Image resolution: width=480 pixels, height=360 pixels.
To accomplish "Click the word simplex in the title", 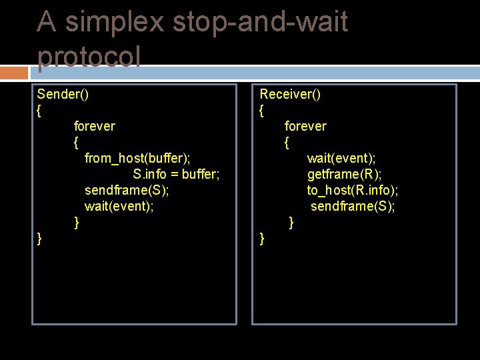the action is (115, 22).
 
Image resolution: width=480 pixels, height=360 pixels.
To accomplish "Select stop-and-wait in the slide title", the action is (260, 22).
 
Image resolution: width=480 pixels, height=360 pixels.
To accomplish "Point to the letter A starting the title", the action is (47, 22).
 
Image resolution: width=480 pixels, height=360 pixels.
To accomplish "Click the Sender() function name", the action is (63, 94).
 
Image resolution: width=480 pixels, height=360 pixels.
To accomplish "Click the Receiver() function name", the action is (290, 94).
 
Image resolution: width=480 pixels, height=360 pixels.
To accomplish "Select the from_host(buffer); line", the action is (137, 158).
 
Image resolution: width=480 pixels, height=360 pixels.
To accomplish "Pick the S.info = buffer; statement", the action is (176, 175).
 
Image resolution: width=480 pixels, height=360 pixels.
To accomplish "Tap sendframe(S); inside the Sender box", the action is (127, 191).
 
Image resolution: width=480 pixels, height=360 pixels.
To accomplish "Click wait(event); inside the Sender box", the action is (119, 207).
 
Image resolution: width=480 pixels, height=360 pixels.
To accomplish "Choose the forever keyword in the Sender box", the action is (94, 126).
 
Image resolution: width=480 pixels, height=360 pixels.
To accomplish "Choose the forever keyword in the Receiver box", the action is (305, 126).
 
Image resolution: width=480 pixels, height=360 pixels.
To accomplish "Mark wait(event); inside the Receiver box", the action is (341, 158).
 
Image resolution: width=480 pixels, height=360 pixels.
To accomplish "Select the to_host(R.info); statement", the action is (353, 191).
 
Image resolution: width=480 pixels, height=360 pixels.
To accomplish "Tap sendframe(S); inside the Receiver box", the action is (353, 207).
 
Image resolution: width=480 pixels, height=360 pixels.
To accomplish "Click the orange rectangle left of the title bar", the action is (14, 73).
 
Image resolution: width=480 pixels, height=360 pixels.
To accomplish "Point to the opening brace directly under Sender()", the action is (39, 111).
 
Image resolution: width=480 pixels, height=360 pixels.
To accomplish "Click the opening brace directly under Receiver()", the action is (262, 111).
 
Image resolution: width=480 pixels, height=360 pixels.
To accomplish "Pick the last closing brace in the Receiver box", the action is (262, 239).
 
